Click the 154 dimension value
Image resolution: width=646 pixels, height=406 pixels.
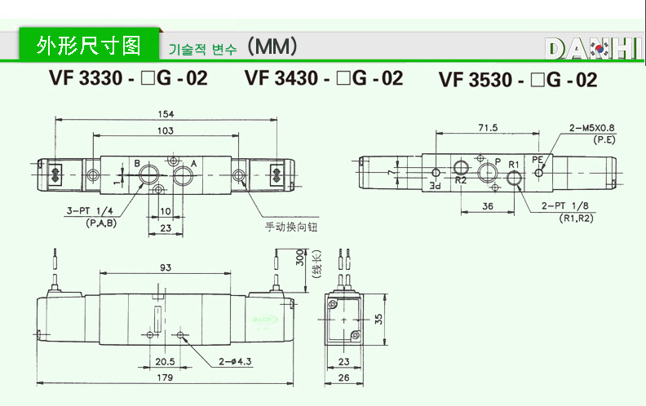(166, 113)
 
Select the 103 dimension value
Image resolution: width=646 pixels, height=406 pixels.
(166, 130)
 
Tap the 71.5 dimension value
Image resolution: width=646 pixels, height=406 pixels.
(488, 128)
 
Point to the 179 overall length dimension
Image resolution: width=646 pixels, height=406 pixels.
(166, 377)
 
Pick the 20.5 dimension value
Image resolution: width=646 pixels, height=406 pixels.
(166, 362)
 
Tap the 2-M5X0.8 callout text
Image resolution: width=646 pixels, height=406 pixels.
(593, 127)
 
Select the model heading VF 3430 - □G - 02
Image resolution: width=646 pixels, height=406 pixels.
(324, 78)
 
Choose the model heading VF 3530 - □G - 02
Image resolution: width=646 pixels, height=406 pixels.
(518, 80)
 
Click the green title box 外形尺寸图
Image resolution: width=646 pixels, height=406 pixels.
(89, 45)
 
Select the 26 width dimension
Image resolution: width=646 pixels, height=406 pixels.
(343, 377)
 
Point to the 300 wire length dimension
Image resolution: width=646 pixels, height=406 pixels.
(299, 258)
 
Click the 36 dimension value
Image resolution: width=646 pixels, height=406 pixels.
(487, 206)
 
